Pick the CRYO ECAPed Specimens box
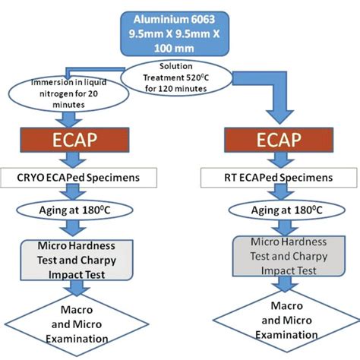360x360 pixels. (84, 178)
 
